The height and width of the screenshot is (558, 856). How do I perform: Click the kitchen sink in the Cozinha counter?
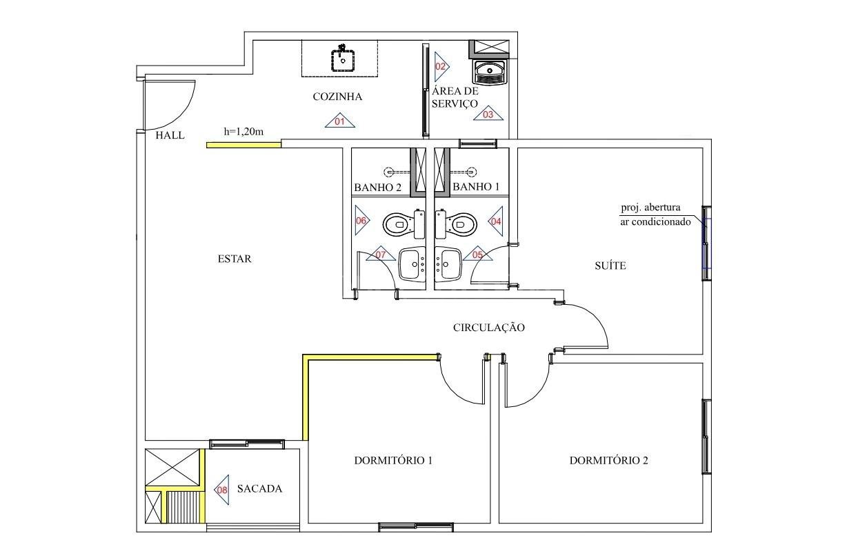coord(342,59)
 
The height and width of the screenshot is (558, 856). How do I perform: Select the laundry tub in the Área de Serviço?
coord(490,72)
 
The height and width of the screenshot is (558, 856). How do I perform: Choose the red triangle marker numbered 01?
coord(340,120)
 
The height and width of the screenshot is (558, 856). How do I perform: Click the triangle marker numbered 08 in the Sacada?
coord(221,490)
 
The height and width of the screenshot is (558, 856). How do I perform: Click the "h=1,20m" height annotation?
coord(243,132)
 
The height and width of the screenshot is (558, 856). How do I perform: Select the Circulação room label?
coord(489,327)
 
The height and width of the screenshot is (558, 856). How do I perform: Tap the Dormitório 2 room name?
coord(609,460)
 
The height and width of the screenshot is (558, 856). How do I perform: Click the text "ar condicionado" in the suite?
coord(655,221)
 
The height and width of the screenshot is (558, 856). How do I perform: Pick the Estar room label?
coord(235,259)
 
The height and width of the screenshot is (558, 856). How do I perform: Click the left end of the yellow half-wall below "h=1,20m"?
coord(207,145)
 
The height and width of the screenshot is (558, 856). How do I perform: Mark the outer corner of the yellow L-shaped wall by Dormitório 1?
coord(303,355)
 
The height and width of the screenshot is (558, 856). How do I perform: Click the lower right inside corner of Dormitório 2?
coord(703,522)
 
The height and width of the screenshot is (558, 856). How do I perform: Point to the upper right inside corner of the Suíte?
coord(703,148)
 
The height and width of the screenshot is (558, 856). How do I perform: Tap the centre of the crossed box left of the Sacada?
coord(172,467)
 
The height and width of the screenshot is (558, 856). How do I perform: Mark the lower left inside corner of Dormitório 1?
coord(308,522)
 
